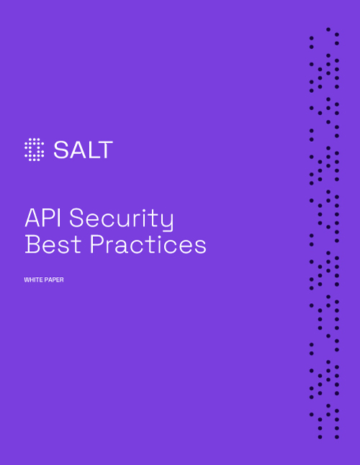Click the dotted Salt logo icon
click(34, 149)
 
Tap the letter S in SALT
click(60, 150)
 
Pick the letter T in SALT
click(105, 150)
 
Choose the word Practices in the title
click(148, 245)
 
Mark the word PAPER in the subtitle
click(54, 280)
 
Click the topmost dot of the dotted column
click(328, 30)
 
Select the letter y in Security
click(167, 221)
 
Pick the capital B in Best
click(32, 245)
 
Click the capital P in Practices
click(97, 245)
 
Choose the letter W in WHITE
click(27, 280)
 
